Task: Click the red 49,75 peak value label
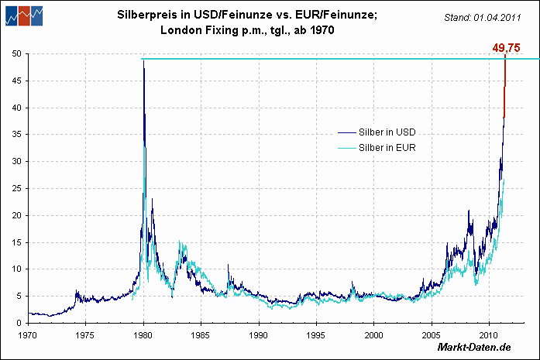[x=505, y=48]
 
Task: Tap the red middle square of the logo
[x=24, y=14]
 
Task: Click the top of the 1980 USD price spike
[x=143, y=61]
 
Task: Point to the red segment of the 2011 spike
[x=504, y=85]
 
